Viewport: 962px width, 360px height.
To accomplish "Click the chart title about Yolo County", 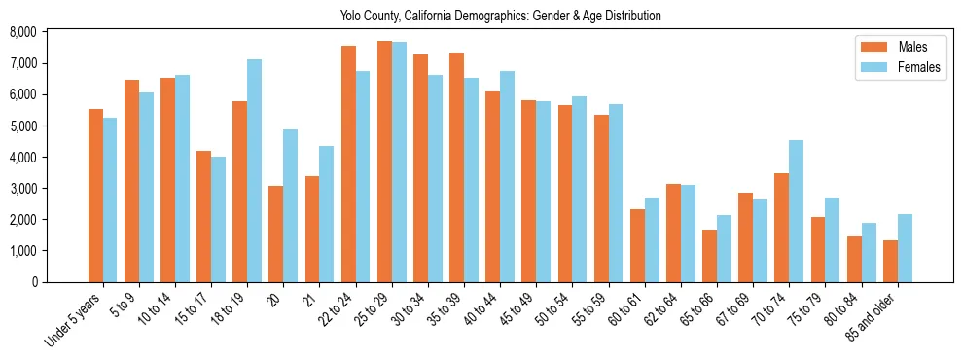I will coord(501,16).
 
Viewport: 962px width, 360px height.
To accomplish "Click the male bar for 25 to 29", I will coord(384,162).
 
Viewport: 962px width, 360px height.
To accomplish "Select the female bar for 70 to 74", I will coord(796,211).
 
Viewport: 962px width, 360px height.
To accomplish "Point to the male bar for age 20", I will coord(276,234).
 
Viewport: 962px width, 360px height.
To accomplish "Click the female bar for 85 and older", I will coord(905,248).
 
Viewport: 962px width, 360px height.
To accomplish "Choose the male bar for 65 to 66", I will coord(710,256).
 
